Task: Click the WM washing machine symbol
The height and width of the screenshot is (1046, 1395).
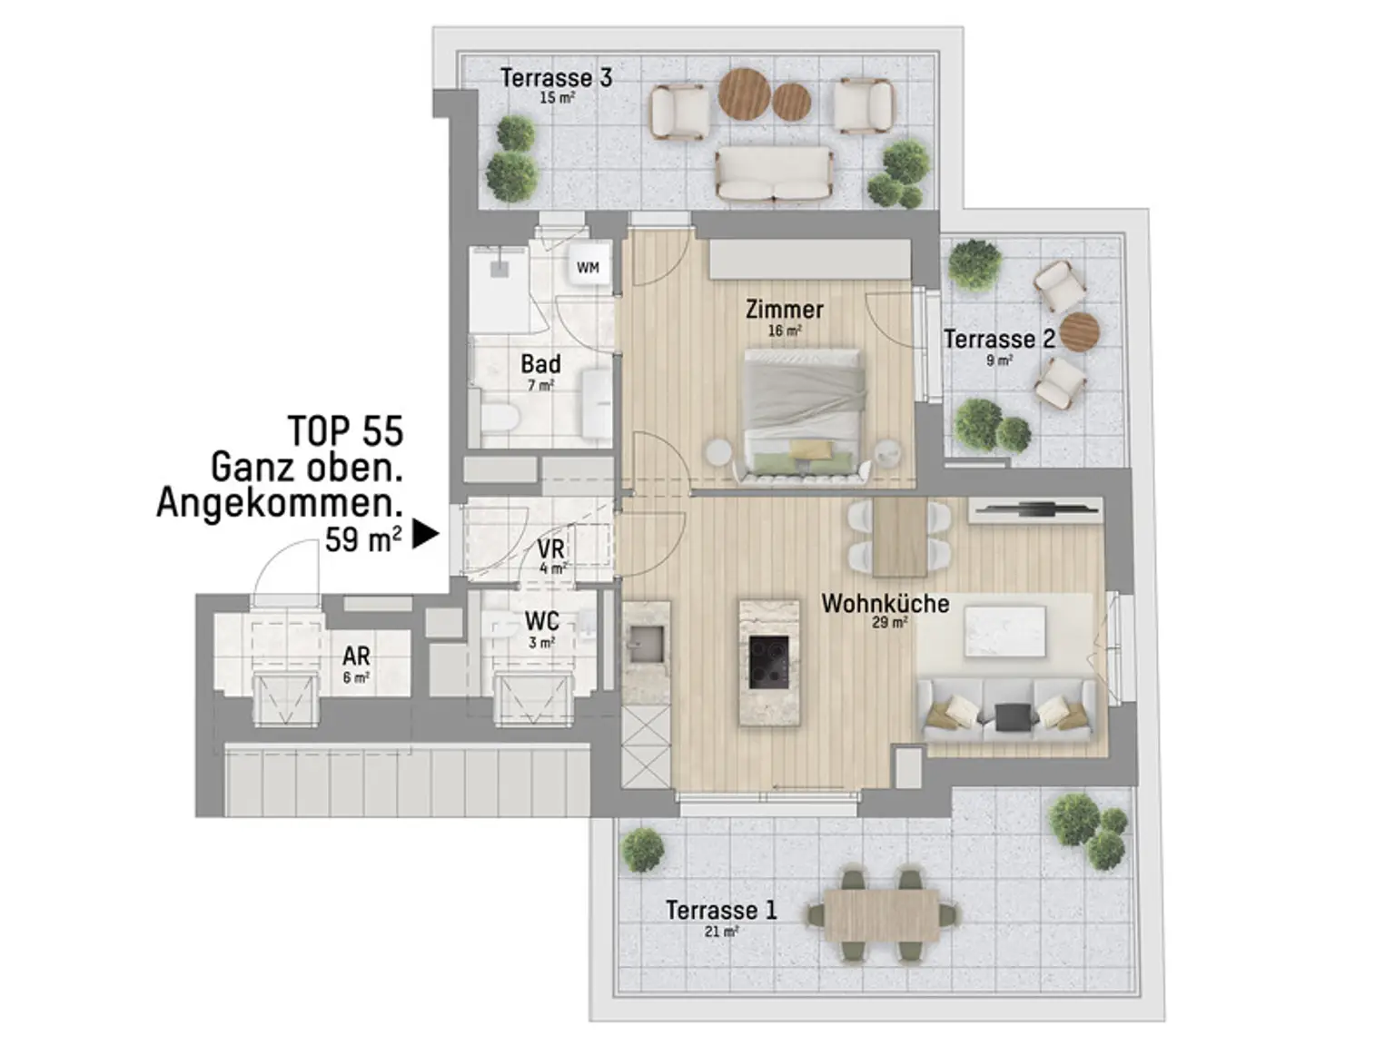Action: pyautogui.click(x=588, y=268)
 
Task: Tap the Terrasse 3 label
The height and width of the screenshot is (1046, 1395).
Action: pyautogui.click(x=556, y=78)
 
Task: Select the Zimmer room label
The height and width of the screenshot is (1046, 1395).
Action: pyautogui.click(x=784, y=310)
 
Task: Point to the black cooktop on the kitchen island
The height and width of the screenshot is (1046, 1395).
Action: pyautogui.click(x=768, y=662)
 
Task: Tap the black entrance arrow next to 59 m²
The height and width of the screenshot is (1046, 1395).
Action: pyautogui.click(x=425, y=535)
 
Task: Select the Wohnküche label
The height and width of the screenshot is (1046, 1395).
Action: pyautogui.click(x=885, y=604)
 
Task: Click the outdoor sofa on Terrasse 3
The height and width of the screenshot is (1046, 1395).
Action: pyautogui.click(x=774, y=173)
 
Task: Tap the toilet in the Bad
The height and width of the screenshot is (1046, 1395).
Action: pyautogui.click(x=499, y=419)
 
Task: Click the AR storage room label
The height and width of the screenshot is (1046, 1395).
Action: pyautogui.click(x=356, y=656)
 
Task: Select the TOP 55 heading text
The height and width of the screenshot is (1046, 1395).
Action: pyautogui.click(x=345, y=431)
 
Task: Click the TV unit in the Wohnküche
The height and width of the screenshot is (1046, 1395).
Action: pyautogui.click(x=1034, y=510)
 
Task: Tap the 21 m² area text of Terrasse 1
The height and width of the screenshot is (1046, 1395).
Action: pyautogui.click(x=720, y=932)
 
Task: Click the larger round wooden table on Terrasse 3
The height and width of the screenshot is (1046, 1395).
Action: pyautogui.click(x=744, y=94)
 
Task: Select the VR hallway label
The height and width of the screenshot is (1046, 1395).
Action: pyautogui.click(x=550, y=549)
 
